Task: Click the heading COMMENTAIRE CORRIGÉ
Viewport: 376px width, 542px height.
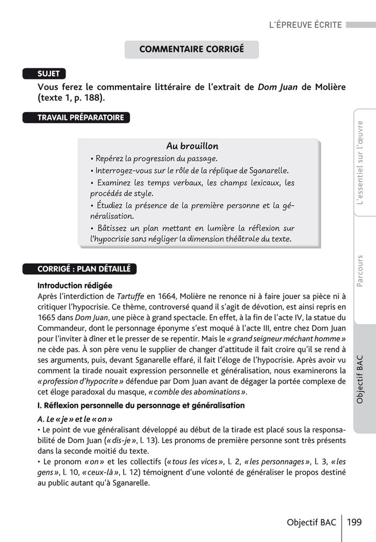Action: pyautogui.click(x=191, y=49)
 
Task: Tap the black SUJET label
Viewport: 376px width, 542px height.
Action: pyautogui.click(x=48, y=74)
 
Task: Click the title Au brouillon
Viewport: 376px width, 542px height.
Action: pyautogui.click(x=192, y=146)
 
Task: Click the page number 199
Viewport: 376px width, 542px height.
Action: pyautogui.click(x=354, y=522)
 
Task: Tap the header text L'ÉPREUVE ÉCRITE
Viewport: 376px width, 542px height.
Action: pyautogui.click(x=306, y=25)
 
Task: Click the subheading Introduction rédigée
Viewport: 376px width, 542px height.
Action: pyautogui.click(x=75, y=285)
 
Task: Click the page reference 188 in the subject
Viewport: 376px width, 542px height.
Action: pyautogui.click(x=91, y=98)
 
